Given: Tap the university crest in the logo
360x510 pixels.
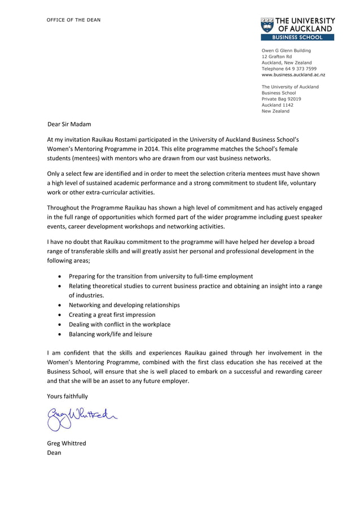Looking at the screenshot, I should [267, 24].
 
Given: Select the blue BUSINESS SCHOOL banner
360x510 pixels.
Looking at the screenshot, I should [297, 37].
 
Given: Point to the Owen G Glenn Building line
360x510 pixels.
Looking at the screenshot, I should [286, 50].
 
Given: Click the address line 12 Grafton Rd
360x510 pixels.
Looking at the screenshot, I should [276, 56].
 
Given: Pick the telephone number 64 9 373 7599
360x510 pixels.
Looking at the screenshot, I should [300, 68].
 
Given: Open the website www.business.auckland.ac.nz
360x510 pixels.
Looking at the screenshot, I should [293, 75].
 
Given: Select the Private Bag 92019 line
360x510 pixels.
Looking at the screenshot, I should [281, 99].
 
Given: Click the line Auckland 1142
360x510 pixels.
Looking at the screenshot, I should [277, 105].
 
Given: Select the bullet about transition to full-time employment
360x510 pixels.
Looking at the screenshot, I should [161, 276].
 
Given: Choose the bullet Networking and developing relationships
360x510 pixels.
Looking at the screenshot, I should [124, 305].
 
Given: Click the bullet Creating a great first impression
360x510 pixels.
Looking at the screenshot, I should [112, 315].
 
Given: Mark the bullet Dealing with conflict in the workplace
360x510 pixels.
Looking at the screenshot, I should [119, 324].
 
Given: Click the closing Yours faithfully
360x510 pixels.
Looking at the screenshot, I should [67, 396].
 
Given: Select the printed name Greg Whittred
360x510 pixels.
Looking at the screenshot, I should [67, 443].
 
